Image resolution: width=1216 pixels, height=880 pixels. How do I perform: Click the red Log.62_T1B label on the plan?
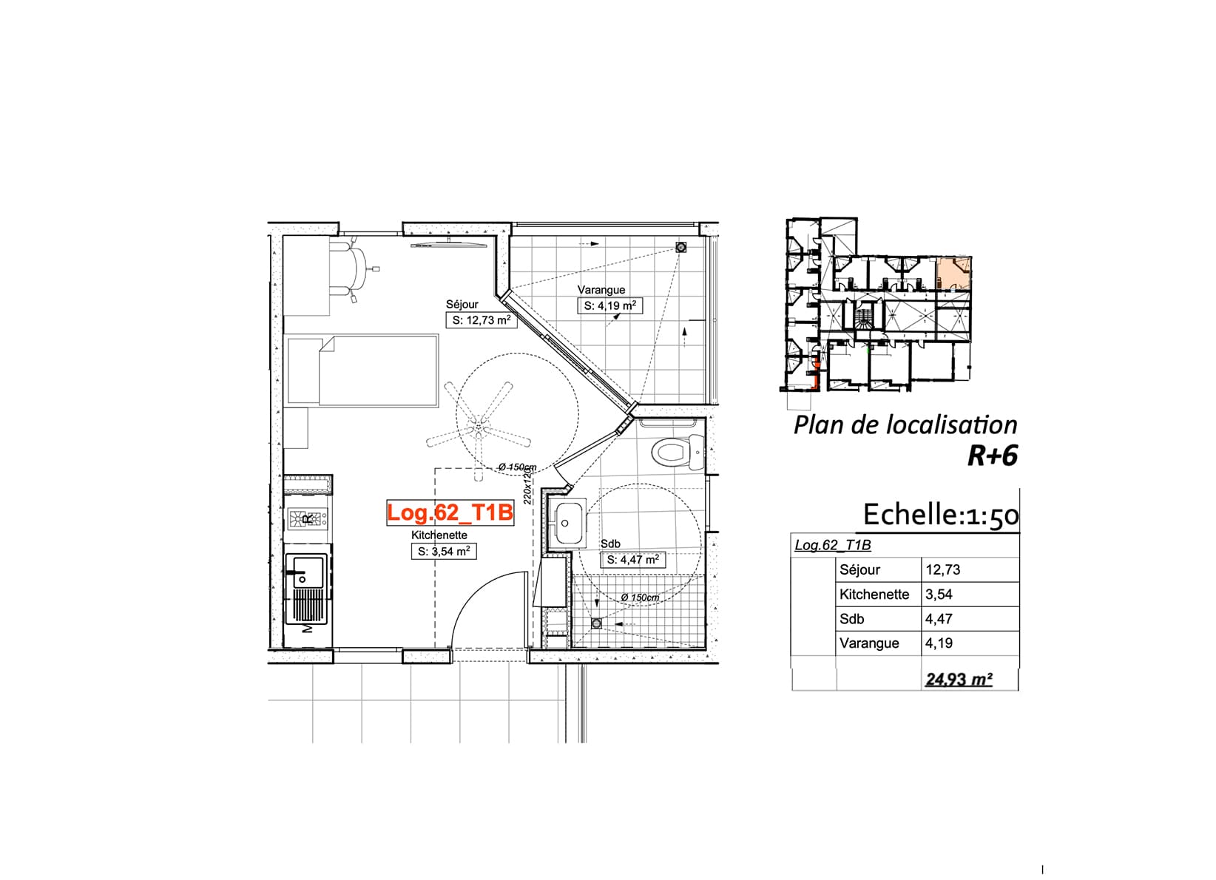[x=450, y=512]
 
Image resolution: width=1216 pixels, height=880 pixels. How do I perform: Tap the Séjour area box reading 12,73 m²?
[x=482, y=320]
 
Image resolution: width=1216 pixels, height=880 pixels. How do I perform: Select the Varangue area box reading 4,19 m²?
[x=609, y=305]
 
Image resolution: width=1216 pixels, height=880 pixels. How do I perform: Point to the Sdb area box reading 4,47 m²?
[x=632, y=560]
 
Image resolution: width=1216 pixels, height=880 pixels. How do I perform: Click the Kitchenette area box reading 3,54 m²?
[x=444, y=552]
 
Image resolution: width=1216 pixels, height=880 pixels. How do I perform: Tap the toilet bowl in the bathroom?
[x=676, y=452]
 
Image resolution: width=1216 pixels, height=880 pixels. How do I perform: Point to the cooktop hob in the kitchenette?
[x=308, y=518]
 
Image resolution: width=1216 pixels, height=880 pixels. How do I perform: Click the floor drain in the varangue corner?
[x=680, y=248]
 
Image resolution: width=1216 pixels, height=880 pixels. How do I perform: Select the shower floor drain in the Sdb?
[x=597, y=623]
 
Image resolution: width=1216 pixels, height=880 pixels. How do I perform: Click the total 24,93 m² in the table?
[x=959, y=679]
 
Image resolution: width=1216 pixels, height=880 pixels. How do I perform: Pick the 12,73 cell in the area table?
[x=943, y=569]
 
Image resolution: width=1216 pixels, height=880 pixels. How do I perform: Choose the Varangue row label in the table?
[x=869, y=643]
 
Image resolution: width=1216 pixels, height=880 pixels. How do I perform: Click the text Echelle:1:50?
[x=941, y=514]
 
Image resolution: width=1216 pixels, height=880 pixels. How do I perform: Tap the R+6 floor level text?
[x=993, y=456]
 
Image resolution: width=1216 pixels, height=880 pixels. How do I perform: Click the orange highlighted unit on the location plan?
[x=954, y=274]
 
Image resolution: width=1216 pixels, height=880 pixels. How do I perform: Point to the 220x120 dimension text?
[x=527, y=487]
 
